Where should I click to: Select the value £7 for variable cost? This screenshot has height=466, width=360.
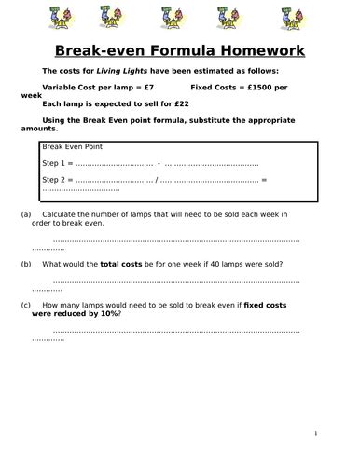pyautogui.click(x=160, y=87)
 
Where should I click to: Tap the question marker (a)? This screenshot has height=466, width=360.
pyautogui.click(x=25, y=214)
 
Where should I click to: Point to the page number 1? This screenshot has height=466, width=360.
pyautogui.click(x=316, y=433)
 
